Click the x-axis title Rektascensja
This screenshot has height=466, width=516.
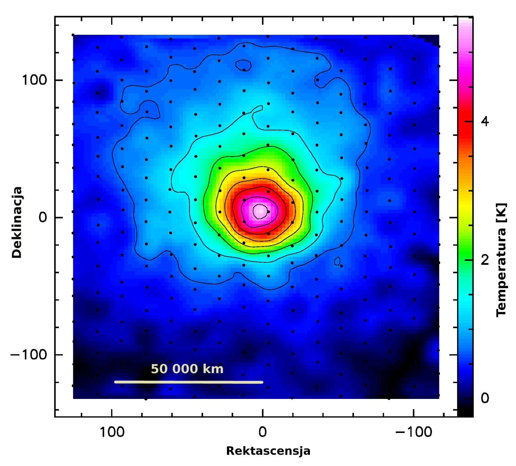pyautogui.click(x=268, y=451)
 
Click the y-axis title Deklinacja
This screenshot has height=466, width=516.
pyautogui.click(x=17, y=222)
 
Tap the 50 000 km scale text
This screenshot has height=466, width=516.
pyautogui.click(x=187, y=369)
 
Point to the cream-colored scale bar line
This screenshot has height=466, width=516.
pyautogui.click(x=189, y=382)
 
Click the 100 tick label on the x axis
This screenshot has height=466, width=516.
pyautogui.click(x=112, y=432)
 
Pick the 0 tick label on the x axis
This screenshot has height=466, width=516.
pyautogui.click(x=262, y=432)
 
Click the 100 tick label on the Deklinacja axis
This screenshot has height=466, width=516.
pyautogui.click(x=34, y=80)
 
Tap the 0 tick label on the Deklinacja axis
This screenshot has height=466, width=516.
pyautogui.click(x=43, y=218)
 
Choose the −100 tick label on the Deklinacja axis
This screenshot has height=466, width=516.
pyautogui.click(x=29, y=355)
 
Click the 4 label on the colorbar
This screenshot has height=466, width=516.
pyautogui.click(x=484, y=121)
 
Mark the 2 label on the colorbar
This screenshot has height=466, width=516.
pyautogui.click(x=484, y=260)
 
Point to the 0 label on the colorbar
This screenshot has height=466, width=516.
pyautogui.click(x=484, y=398)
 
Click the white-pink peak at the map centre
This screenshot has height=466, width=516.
pyautogui.click(x=260, y=210)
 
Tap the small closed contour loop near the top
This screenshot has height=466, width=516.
pyautogui.click(x=244, y=65)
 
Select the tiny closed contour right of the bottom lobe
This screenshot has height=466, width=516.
pyautogui.click(x=337, y=261)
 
